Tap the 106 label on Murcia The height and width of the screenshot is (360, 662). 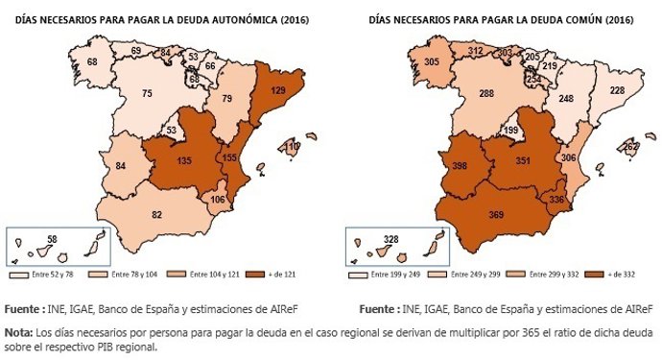218,200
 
